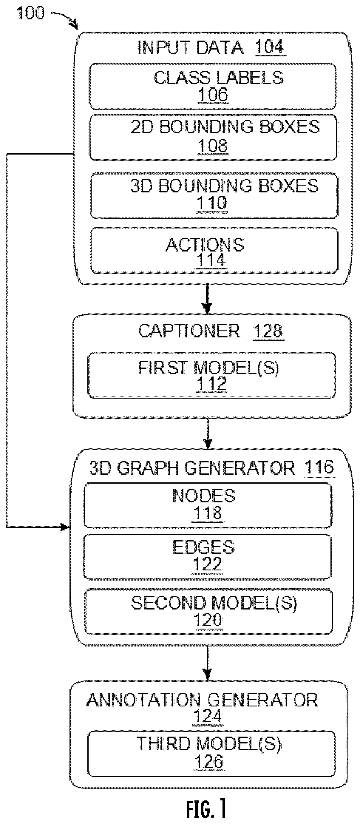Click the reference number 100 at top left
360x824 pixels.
(x=30, y=13)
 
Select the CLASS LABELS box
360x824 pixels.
(x=213, y=86)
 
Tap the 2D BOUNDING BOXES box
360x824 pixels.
(x=213, y=138)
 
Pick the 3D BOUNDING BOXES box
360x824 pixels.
(x=214, y=196)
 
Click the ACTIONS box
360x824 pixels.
(x=214, y=251)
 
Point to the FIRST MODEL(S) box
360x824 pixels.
(x=212, y=375)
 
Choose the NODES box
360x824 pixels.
(x=208, y=505)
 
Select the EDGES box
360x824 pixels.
(x=207, y=557)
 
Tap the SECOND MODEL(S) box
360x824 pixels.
(x=208, y=612)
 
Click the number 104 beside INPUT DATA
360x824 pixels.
(x=269, y=47)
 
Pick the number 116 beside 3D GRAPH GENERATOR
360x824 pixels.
(x=319, y=468)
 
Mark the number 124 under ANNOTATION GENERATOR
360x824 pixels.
(x=208, y=716)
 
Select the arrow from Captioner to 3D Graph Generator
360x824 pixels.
(x=208, y=433)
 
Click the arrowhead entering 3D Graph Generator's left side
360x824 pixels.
(x=65, y=527)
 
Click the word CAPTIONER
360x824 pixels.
(x=189, y=331)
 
